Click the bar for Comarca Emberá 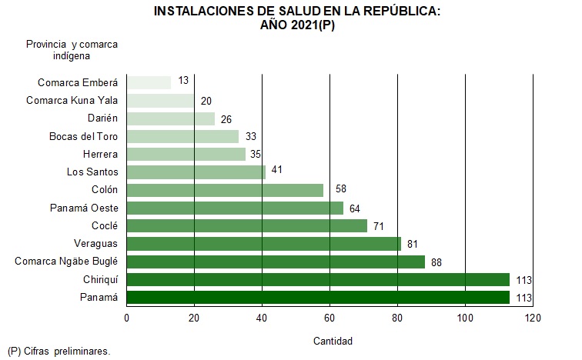coord(149,82)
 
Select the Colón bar coord(225,190)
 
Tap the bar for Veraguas coord(263,244)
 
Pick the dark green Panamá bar coord(317,298)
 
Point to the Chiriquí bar coord(317,279)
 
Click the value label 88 coord(436,262)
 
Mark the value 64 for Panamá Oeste coord(354,208)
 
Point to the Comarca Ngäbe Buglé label coord(66,262)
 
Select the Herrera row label coord(100,155)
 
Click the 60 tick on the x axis coord(329,318)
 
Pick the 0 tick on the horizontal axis coord(127,318)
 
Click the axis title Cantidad coord(333,341)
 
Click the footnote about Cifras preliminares coord(59,351)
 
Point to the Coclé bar coord(246,226)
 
